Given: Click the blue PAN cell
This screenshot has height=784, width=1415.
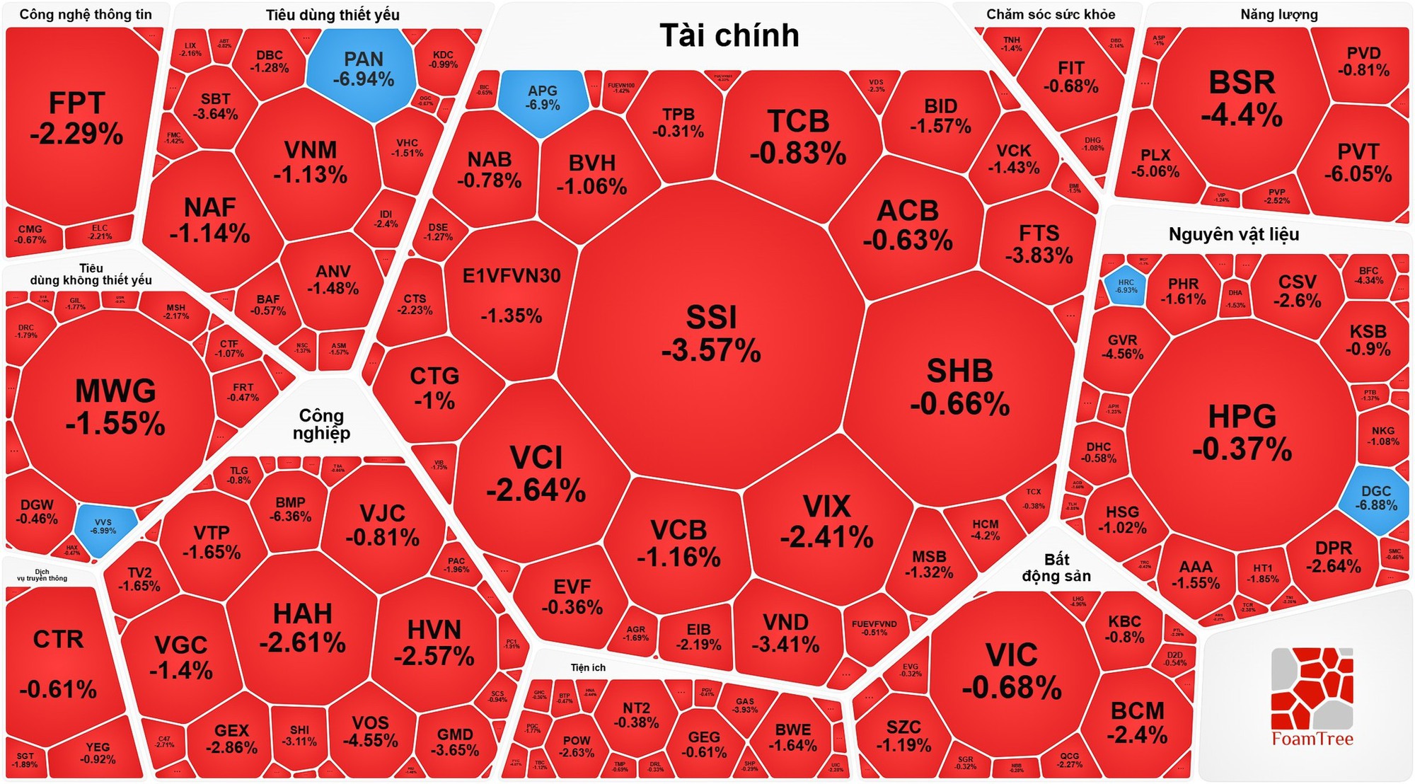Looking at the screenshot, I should [363, 69].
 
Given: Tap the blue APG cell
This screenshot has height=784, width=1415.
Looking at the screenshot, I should [543, 99].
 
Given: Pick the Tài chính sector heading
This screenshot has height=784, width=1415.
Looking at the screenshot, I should [729, 35].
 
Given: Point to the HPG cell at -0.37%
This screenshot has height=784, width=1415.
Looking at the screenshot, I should [1242, 432].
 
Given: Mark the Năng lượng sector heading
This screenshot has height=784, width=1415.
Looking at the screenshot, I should [1278, 14].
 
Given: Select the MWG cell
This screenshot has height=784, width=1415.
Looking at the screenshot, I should [115, 407].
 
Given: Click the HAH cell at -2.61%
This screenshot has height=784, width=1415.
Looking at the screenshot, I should [302, 628].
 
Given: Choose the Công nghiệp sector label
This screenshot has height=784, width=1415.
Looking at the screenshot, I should [321, 424].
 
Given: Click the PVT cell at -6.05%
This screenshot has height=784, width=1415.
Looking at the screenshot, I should [1358, 163].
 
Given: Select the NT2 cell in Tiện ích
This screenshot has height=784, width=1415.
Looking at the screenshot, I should [636, 715].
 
